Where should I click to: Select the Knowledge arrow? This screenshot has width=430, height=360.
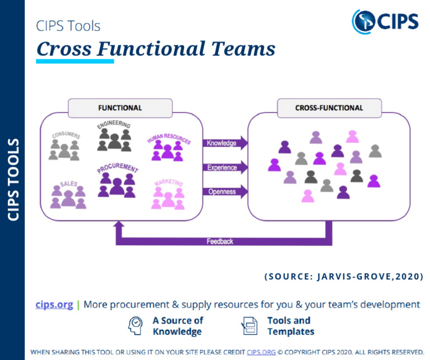tap(225, 143)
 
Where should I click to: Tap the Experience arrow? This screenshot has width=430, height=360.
tap(225, 167)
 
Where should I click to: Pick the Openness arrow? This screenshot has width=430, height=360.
tap(225, 191)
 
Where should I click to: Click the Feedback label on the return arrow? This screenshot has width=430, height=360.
tap(219, 241)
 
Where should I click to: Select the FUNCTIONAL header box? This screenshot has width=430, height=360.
tap(120, 107)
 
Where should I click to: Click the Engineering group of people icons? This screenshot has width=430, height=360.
tap(114, 138)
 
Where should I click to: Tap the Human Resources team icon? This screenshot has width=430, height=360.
tap(168, 149)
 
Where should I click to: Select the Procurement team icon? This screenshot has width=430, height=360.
tap(116, 184)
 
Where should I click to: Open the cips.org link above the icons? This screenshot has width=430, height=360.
tap(54, 305)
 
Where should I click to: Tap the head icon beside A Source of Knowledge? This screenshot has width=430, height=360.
tap(136, 325)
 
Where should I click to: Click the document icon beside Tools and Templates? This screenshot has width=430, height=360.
tap(249, 325)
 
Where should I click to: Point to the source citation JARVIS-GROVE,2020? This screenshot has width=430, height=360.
tap(343, 277)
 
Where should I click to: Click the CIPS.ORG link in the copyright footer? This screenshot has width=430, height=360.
tap(260, 352)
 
